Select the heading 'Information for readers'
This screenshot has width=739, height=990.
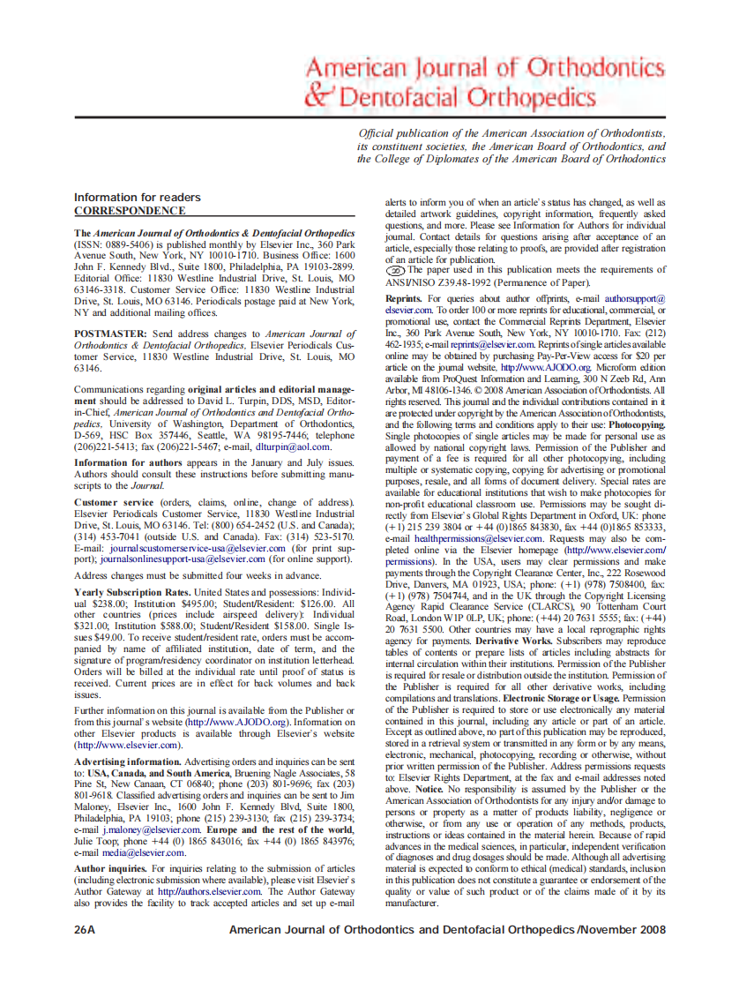pos(137,198)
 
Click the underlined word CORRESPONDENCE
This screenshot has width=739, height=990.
pos(130,211)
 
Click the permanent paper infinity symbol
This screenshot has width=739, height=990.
pos(395,271)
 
